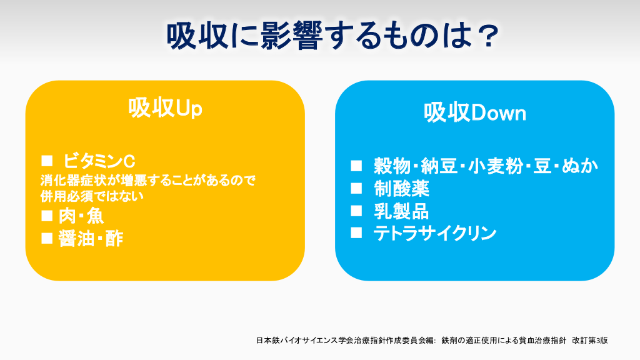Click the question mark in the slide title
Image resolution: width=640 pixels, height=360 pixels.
click(x=487, y=36)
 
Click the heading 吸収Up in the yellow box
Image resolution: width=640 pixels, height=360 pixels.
click(x=165, y=108)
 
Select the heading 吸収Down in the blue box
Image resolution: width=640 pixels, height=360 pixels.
click(x=475, y=113)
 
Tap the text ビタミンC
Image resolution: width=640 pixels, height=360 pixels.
click(x=99, y=161)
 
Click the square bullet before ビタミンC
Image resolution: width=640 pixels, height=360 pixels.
click(x=47, y=161)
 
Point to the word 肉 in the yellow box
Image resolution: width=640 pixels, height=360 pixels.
click(x=67, y=216)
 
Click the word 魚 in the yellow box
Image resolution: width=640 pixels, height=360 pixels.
click(x=95, y=216)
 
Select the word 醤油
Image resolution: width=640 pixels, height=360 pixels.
click(x=76, y=239)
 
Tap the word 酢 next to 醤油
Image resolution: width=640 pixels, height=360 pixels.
click(x=114, y=239)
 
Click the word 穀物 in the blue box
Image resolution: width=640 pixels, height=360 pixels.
click(x=392, y=166)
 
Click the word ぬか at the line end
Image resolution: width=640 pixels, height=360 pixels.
click(x=579, y=166)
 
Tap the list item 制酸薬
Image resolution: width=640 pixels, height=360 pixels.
click(x=402, y=189)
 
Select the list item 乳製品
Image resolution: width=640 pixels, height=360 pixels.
click(x=402, y=211)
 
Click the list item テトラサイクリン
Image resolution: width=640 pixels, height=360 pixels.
click(x=435, y=234)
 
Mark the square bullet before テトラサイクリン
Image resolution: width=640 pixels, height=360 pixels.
click(x=356, y=232)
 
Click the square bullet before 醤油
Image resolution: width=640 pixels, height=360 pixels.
click(x=47, y=238)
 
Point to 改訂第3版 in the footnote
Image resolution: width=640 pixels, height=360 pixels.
click(x=590, y=340)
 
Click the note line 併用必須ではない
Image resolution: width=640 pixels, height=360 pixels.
click(x=92, y=196)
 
